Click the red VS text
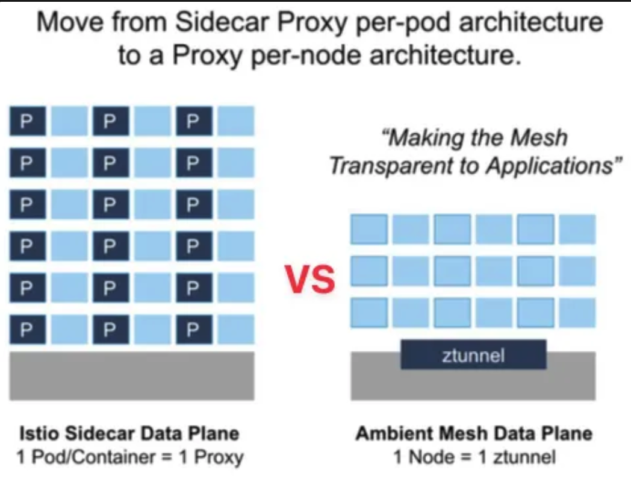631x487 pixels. [x=310, y=278]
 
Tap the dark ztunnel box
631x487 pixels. [x=473, y=354]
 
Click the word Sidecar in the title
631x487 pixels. [x=223, y=22]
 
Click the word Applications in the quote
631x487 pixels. [x=549, y=166]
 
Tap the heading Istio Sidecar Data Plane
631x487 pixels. [x=129, y=433]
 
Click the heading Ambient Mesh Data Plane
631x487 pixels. [x=474, y=433]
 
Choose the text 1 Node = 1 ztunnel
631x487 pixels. [x=474, y=457]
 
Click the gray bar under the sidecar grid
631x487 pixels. [x=132, y=376]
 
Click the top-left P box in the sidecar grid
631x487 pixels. [x=28, y=121]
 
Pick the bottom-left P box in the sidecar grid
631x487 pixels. [x=28, y=330]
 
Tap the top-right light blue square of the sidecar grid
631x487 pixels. [x=236, y=121]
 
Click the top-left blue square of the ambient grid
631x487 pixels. [x=369, y=229]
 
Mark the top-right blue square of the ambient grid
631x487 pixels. [x=577, y=229]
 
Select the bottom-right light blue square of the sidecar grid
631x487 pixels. [x=236, y=330]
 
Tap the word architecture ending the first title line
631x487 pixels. [x=531, y=22]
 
